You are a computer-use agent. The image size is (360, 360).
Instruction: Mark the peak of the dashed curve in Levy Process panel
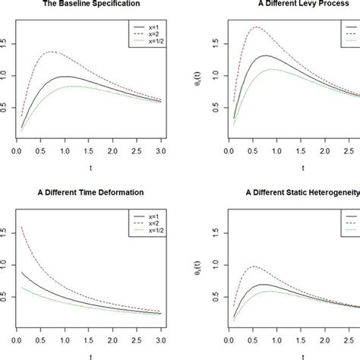click(x=261, y=27)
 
